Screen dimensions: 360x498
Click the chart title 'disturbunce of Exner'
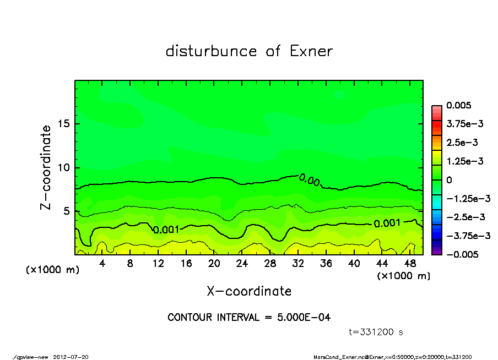[x=249, y=52]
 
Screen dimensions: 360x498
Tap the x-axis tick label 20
[x=214, y=264]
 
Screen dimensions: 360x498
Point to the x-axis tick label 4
[x=102, y=264]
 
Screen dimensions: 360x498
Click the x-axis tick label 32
[x=298, y=264]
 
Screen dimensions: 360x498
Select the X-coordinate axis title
[x=249, y=291]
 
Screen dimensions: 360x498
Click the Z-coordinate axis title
[x=46, y=167]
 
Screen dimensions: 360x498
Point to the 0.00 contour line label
[x=310, y=180]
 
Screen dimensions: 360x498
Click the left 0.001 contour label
[x=166, y=230]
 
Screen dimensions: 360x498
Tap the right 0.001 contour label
[x=387, y=223]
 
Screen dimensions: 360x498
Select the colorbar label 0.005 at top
[x=461, y=105]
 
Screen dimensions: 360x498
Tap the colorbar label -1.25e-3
[x=468, y=198]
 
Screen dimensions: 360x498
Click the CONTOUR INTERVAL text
[x=249, y=318]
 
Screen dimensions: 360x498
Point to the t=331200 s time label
[x=376, y=332]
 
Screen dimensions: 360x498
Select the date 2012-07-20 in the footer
[x=71, y=357]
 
